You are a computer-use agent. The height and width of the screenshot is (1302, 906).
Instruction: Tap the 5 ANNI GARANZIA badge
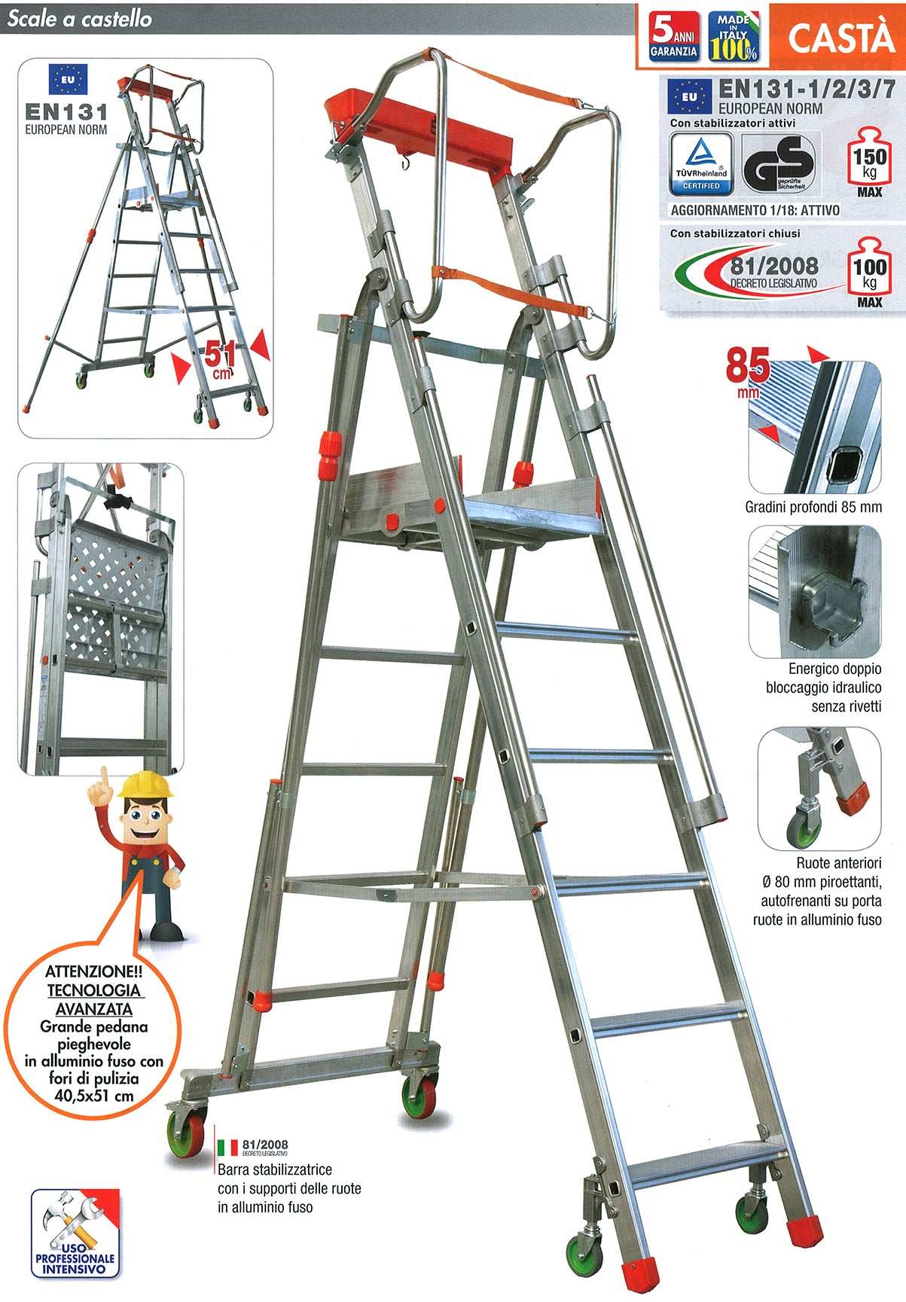[x=674, y=36]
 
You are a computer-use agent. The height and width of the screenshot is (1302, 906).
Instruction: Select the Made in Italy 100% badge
[x=734, y=36]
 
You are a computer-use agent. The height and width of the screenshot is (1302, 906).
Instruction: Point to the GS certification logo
[x=779, y=163]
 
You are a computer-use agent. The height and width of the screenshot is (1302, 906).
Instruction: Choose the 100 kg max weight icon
[x=869, y=272]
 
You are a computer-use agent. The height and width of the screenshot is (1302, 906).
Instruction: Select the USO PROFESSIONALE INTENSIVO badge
[x=75, y=1233]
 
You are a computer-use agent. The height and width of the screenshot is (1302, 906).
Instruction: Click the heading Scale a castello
[x=79, y=19]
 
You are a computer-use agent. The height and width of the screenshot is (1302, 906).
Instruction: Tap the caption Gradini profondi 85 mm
[x=813, y=507]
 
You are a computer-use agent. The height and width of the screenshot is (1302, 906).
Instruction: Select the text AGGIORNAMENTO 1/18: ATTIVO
[x=755, y=210]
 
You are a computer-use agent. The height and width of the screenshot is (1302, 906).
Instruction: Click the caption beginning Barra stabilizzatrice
[x=289, y=1188]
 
